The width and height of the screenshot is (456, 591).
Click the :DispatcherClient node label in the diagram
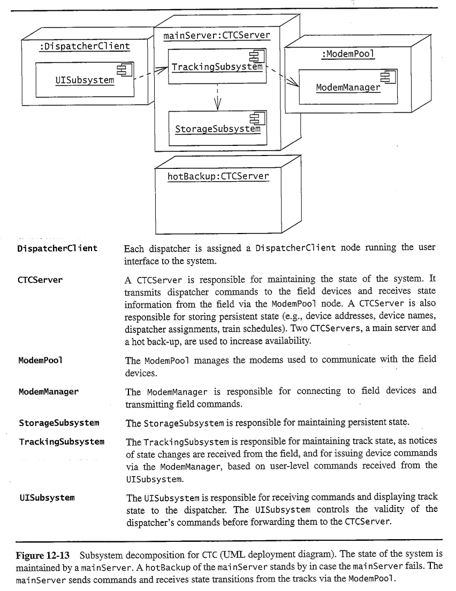click(x=84, y=47)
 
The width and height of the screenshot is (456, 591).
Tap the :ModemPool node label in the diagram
click(x=348, y=54)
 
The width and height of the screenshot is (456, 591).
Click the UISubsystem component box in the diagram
click(x=85, y=80)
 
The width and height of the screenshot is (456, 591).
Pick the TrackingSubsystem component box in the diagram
click(x=217, y=67)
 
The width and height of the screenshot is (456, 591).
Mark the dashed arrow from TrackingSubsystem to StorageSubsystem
click(x=217, y=98)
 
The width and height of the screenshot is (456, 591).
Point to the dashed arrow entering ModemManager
click(x=283, y=76)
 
